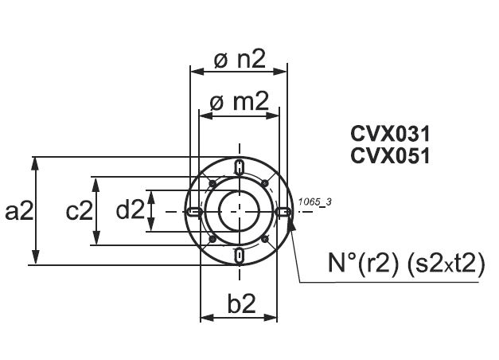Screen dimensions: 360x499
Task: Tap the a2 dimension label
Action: coord(18,210)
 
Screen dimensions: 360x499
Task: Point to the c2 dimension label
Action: coord(79,211)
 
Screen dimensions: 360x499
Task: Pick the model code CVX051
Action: coord(390,155)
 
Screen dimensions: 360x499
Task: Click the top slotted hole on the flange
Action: coord(240,167)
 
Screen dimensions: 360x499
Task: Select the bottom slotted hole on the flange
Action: coord(240,254)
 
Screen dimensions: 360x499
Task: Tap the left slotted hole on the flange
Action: coord(194,212)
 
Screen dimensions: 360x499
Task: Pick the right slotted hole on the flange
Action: coord(284,212)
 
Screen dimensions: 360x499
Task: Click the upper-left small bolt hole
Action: coord(211,184)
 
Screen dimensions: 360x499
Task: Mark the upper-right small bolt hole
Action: coord(267,184)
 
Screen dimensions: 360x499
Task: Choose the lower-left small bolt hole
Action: coord(211,239)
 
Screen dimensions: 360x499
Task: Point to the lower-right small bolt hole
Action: coord(267,239)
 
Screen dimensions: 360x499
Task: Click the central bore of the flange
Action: coord(239,212)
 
